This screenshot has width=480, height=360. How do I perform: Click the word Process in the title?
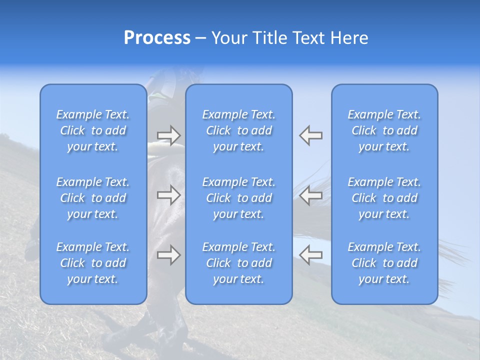[x=157, y=38]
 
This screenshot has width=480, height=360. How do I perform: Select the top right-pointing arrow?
[x=169, y=135]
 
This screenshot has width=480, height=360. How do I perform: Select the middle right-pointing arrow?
[x=169, y=195]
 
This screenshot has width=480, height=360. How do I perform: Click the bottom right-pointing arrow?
[x=169, y=255]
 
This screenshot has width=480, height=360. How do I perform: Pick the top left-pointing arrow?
[x=310, y=135]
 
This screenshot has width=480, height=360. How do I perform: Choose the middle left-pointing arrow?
[x=310, y=195]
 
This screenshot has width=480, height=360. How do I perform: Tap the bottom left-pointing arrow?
[x=310, y=255]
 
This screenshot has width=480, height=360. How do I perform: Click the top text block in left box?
[x=93, y=130]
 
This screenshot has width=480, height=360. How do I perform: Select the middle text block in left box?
[x=93, y=198]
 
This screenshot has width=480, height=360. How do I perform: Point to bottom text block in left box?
[x=93, y=263]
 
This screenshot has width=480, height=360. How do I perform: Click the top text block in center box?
[x=239, y=130]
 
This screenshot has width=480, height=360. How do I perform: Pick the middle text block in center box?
[x=239, y=198]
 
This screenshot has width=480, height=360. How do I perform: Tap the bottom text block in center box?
[x=239, y=263]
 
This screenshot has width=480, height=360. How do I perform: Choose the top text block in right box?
[x=384, y=130]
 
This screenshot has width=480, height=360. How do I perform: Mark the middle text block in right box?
[x=384, y=198]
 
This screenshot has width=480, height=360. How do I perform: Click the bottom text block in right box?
[x=384, y=263]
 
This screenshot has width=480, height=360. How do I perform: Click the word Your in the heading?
[x=228, y=38]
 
